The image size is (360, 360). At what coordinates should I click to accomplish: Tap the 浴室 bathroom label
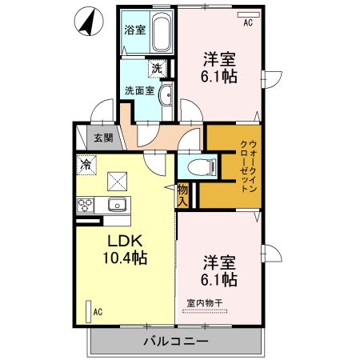134,31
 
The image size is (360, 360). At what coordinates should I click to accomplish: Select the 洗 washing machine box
158,69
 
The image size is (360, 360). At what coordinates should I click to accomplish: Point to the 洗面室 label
138,90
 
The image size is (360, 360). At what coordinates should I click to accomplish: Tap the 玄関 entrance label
103,138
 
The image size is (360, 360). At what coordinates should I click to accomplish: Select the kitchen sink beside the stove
118,205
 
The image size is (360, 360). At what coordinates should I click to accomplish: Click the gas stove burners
86,206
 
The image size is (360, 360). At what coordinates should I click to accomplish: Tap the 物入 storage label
183,195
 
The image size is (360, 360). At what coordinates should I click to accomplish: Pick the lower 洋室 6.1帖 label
218,270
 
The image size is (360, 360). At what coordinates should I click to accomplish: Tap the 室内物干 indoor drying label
204,302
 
